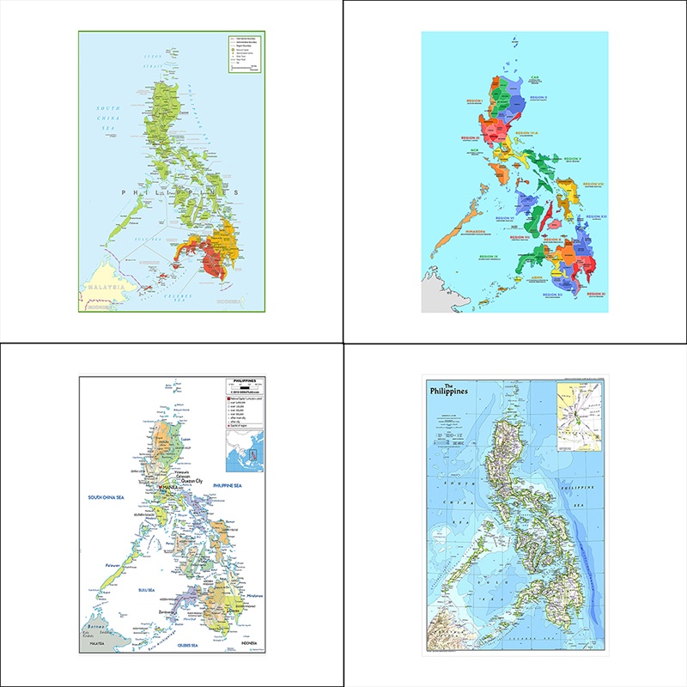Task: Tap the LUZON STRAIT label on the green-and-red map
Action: [x=153, y=62]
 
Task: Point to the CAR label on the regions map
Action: [x=534, y=77]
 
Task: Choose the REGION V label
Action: [x=573, y=158]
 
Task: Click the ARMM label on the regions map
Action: [x=537, y=278]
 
